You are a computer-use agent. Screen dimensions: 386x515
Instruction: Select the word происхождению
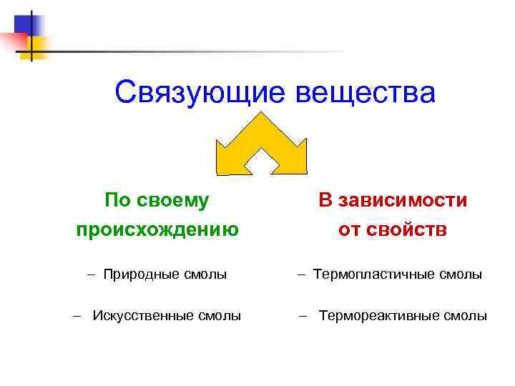(x=157, y=229)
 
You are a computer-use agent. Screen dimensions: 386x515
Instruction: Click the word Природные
(x=139, y=274)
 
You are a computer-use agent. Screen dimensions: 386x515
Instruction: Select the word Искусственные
(x=147, y=315)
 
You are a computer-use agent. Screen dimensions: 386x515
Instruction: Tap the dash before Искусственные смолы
(x=77, y=315)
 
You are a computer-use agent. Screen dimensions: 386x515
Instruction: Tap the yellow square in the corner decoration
(x=36, y=46)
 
